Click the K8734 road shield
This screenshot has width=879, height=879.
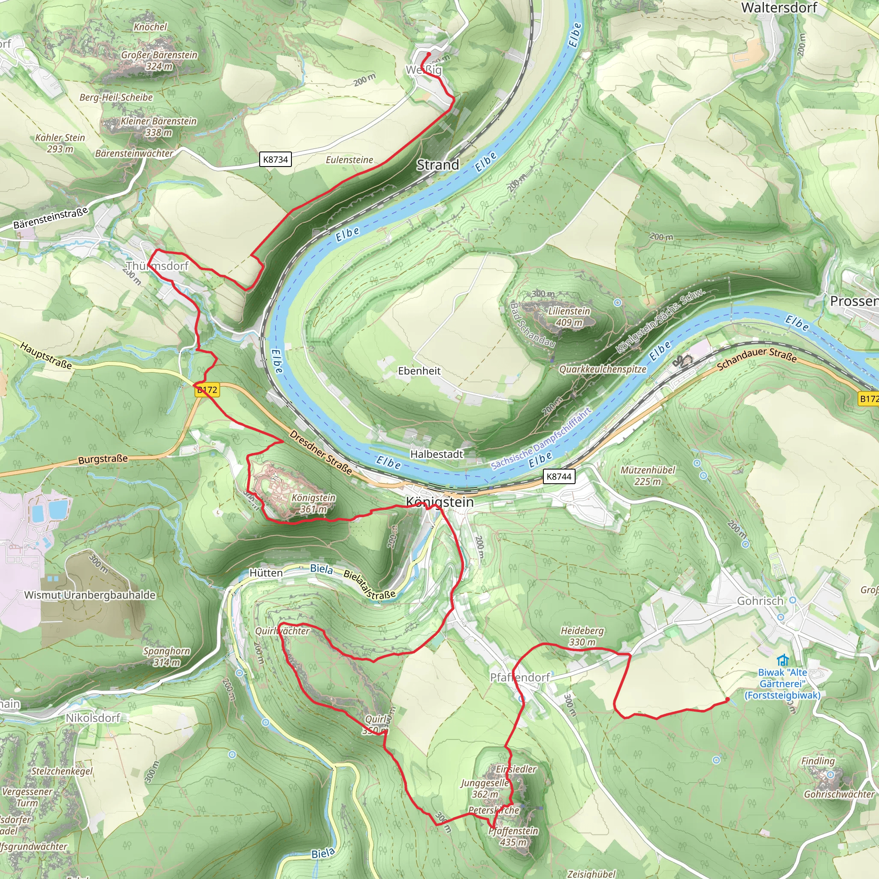pyautogui.click(x=276, y=160)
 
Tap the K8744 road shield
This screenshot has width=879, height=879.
pyautogui.click(x=559, y=476)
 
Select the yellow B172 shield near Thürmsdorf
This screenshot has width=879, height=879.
pyautogui.click(x=207, y=390)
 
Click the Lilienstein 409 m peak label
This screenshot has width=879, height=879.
pyautogui.click(x=569, y=317)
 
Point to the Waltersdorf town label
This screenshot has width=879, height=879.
pyautogui.click(x=779, y=8)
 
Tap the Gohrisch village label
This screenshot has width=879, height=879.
pyautogui.click(x=760, y=601)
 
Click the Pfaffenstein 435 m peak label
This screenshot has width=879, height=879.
pyautogui.click(x=513, y=836)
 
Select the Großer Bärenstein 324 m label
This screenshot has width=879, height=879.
pyautogui.click(x=159, y=60)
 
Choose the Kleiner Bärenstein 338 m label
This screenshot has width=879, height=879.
pyautogui.click(x=158, y=127)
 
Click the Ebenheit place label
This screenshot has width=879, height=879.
pyautogui.click(x=419, y=371)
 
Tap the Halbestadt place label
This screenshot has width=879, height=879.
pyautogui.click(x=436, y=454)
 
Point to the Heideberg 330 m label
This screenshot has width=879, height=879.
pyautogui.click(x=582, y=636)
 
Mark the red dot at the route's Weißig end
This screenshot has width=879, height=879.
pyautogui.click(x=428, y=54)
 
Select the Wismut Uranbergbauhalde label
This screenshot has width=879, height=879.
pyautogui.click(x=90, y=595)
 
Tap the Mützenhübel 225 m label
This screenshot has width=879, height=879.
pyautogui.click(x=647, y=476)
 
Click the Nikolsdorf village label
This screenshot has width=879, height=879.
pyautogui.click(x=93, y=718)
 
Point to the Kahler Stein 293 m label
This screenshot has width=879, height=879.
pyautogui.click(x=60, y=143)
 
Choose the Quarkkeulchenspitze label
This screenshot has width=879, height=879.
pyautogui.click(x=602, y=369)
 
